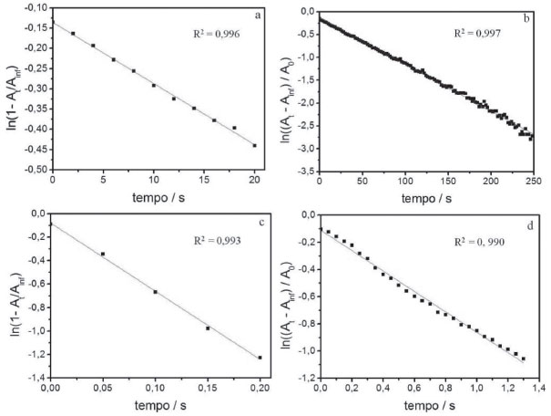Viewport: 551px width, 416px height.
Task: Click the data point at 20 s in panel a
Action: point(255,146)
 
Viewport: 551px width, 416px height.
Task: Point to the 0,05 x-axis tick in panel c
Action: point(102,390)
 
